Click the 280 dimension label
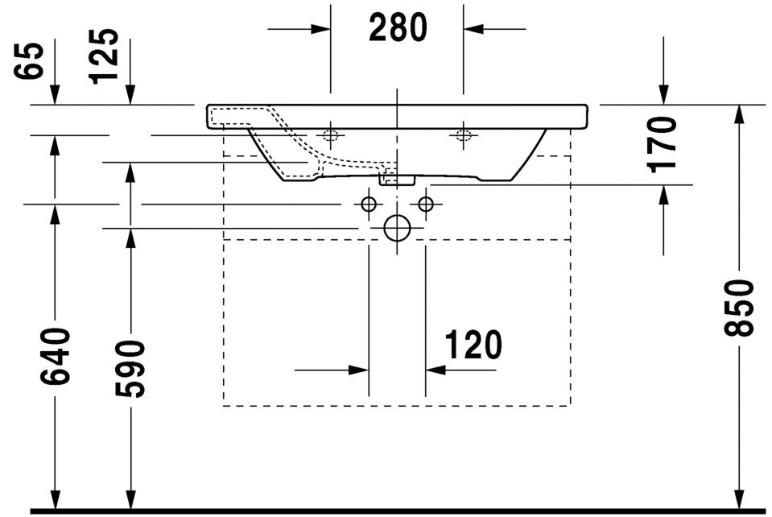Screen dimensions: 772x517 398,27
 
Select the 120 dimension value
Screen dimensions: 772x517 473,345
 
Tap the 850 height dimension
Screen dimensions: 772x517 738,308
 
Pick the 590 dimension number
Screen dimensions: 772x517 130,368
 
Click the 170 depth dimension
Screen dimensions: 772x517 663,144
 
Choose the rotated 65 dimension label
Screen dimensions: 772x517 28,60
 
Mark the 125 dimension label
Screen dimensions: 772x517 104,56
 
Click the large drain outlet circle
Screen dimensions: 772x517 397,228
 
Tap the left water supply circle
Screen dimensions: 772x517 369,204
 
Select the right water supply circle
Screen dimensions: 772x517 425,204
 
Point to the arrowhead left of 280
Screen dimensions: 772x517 320,28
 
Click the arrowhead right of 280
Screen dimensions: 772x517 473,28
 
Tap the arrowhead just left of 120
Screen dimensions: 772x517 359,370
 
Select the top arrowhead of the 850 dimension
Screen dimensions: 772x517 738,114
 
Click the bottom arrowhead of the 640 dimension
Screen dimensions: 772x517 55,498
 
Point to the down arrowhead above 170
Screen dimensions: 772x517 663,94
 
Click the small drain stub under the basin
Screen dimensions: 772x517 397,180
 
